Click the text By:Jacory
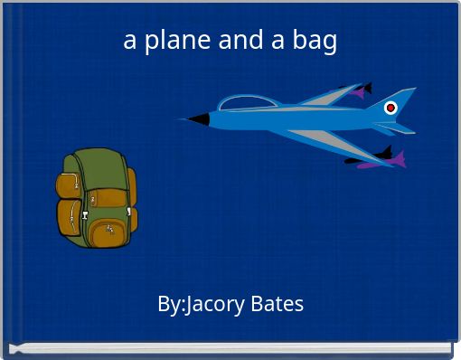tap(200, 305)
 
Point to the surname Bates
tap(275, 305)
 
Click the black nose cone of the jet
tap(197, 119)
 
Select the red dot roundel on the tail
tap(390, 108)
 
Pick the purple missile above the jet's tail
tap(359, 90)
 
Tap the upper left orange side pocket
tap(67, 185)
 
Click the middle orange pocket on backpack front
tap(106, 198)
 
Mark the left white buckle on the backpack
tap(85, 215)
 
